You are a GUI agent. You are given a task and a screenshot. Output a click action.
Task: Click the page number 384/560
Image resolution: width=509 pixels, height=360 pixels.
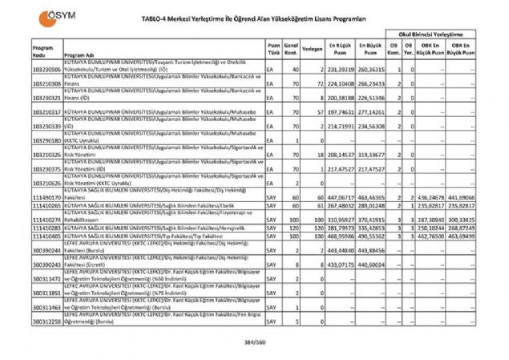[254, 343]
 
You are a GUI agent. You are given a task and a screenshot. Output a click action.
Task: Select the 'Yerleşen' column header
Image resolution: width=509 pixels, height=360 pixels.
[313, 48]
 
